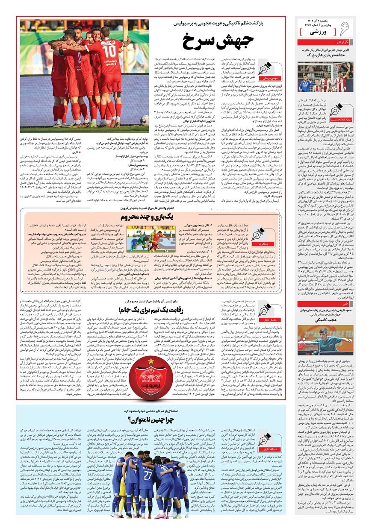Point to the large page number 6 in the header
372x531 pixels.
point(356,29)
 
